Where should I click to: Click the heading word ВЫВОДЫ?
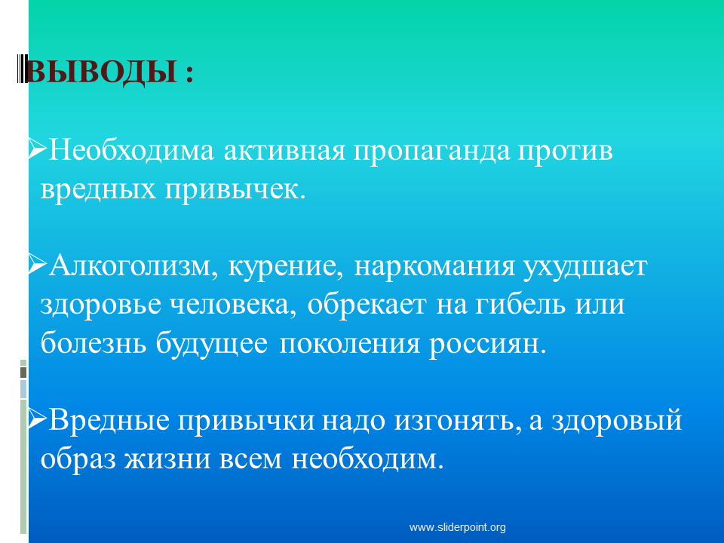click(102, 72)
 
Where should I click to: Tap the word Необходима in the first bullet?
click(131, 151)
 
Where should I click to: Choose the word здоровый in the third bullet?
click(616, 421)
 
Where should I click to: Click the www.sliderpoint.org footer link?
click(458, 527)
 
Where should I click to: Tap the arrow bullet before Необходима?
click(38, 149)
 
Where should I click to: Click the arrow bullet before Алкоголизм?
click(38, 264)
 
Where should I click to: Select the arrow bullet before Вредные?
click(38, 419)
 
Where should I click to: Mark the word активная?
click(284, 152)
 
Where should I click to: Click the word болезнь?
click(94, 343)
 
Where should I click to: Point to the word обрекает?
click(367, 305)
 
